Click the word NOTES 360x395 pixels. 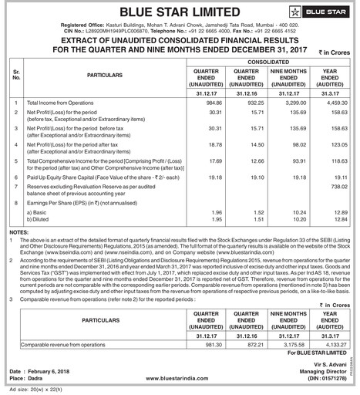(19, 231)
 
